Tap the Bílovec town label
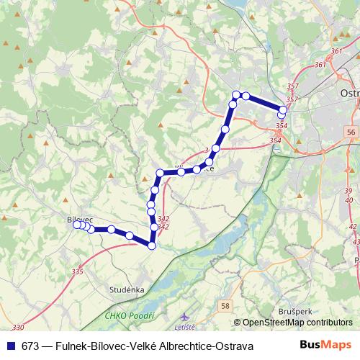tap(79, 219)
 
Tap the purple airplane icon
tap(186, 316)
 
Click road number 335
tap(78, 271)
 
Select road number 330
tap(18, 326)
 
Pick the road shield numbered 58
tap(226, 306)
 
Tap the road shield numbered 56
tap(351, 132)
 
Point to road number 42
tap(353, 226)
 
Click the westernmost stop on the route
tap(76, 225)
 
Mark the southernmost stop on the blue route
tap(151, 246)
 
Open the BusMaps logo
tap(325, 345)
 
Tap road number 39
tap(348, 190)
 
